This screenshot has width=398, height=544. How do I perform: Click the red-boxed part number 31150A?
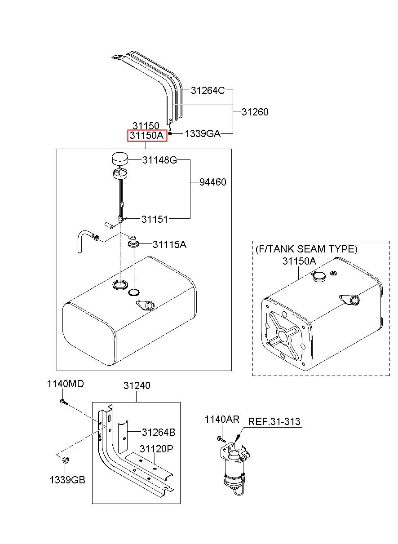click(146, 135)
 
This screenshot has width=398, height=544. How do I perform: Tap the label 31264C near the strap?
click(208, 90)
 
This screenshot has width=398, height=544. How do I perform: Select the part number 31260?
click(255, 112)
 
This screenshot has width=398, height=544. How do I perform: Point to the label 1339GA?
click(203, 133)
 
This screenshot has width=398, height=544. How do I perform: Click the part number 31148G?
click(159, 160)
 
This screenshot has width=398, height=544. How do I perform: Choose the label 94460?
click(213, 182)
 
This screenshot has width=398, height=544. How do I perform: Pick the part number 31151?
click(155, 219)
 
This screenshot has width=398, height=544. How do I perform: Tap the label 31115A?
click(169, 244)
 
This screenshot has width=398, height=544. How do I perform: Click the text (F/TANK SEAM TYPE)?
click(306, 249)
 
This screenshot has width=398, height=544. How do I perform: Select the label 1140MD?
click(65, 384)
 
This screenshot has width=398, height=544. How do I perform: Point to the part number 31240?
click(137, 385)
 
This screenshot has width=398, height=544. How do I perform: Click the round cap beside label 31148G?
click(120, 158)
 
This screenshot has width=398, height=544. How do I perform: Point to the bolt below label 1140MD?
click(64, 402)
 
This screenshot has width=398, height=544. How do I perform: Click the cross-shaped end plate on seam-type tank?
click(283, 336)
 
